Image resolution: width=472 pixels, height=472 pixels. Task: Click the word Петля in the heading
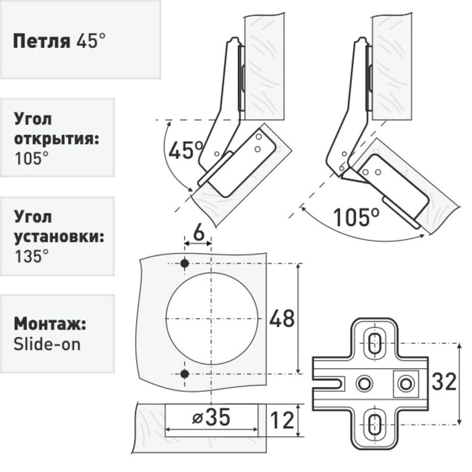pos(41,40)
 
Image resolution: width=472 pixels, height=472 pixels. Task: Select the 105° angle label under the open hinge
pos(356,217)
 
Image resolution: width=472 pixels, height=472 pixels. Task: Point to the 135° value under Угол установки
pos(31,256)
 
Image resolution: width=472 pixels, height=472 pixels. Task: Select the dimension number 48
pos(282,318)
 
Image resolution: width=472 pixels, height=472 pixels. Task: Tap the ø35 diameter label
pos(212,417)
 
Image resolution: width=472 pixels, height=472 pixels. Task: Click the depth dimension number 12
pos(282,419)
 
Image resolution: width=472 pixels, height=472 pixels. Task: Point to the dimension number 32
pos(444,382)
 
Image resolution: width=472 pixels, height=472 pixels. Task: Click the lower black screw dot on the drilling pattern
pos(185,373)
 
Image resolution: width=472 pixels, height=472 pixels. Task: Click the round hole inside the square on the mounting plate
pos(405,383)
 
